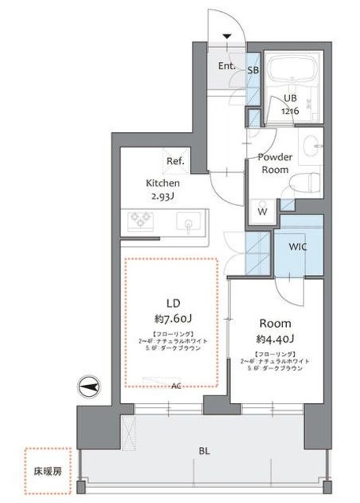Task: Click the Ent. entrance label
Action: (227, 65)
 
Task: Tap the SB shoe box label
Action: (253, 70)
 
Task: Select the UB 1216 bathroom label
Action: (292, 104)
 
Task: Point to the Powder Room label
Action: (275, 163)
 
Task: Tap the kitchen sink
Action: (189, 225)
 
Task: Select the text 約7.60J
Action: (173, 320)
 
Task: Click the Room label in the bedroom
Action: (276, 323)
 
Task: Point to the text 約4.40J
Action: (276, 340)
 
